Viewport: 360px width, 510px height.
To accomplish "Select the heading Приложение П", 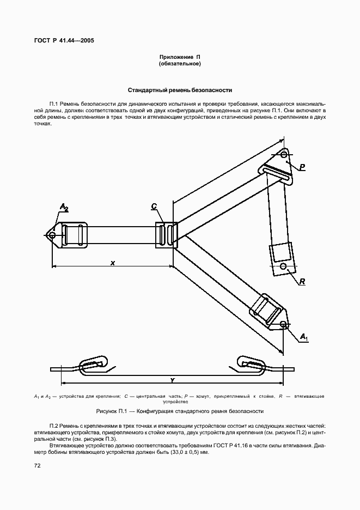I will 180,57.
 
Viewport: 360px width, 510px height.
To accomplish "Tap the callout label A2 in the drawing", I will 64,207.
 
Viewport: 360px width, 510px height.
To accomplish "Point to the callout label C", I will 154,206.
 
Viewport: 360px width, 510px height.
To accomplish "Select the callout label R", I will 301,281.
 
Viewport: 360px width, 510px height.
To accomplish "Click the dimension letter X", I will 112,263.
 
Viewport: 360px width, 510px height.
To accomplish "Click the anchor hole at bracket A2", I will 52,235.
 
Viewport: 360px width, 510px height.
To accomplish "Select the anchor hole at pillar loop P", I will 284,155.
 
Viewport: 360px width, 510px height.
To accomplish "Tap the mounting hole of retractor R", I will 283,266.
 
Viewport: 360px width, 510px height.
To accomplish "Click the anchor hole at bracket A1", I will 284,325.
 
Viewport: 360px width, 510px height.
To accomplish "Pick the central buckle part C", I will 166,235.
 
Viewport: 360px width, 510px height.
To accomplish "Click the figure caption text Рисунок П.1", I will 180,411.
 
